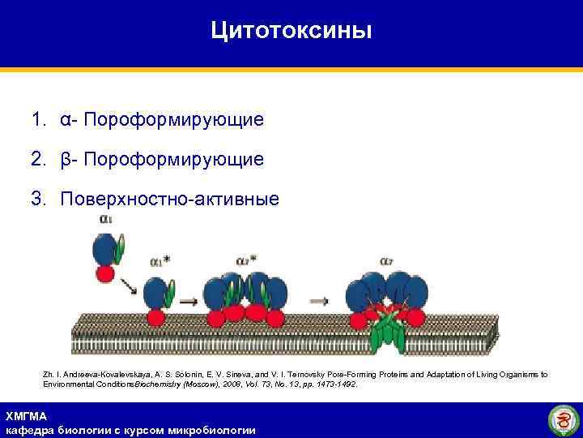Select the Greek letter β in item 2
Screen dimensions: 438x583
tap(65, 159)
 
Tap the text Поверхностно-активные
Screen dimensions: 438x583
tap(169, 199)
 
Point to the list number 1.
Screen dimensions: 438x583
tap(38, 120)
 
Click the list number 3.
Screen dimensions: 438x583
tap(38, 199)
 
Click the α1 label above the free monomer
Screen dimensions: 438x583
tap(106, 219)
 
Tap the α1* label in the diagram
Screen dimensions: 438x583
tap(160, 261)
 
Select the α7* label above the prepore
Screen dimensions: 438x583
tap(247, 260)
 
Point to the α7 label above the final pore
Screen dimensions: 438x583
tap(387, 261)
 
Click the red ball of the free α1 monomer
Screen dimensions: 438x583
tap(105, 273)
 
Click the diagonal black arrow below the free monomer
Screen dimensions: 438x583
tap(127, 286)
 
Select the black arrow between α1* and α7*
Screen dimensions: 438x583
tap(188, 301)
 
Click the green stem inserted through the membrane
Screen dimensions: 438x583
tap(387, 335)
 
